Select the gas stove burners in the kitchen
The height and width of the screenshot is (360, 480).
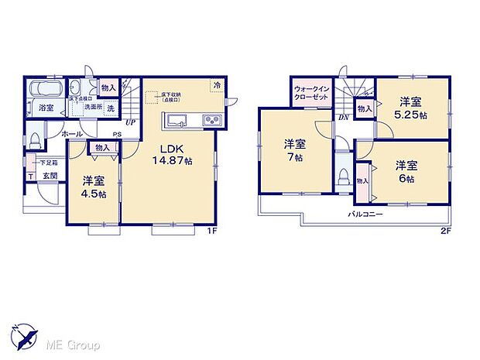211,119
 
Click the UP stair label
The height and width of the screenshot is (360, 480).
130,123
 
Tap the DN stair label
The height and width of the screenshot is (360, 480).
343,118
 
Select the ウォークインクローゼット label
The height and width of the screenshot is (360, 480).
312,94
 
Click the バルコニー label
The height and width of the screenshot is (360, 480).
365,212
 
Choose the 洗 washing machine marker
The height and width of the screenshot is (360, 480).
111,108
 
